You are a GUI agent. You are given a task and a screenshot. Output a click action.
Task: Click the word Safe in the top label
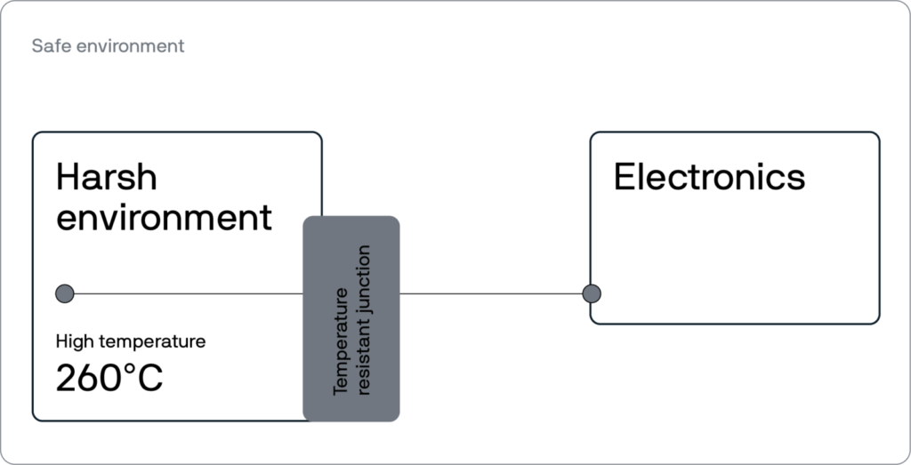[46, 45]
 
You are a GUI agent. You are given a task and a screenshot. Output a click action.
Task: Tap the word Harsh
[107, 176]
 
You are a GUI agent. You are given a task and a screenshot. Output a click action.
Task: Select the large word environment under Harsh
[164, 217]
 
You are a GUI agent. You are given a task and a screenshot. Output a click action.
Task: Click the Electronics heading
[709, 176]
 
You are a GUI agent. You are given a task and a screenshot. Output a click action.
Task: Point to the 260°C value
[109, 378]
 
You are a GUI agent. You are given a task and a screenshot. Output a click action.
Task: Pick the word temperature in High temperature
[151, 342]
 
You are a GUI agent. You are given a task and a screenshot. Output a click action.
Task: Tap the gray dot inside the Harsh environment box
[64, 293]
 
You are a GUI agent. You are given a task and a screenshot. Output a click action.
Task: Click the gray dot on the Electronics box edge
[592, 293]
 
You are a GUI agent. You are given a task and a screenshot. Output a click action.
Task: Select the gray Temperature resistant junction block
[351, 318]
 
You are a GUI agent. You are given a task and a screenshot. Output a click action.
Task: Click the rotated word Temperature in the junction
[341, 341]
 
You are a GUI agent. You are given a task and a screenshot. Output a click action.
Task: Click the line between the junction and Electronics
[491, 293]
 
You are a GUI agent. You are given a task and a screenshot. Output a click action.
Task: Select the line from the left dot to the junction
[189, 293]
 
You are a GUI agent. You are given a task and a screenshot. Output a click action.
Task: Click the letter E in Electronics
[625, 176]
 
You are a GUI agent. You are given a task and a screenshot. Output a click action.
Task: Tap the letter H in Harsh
[68, 176]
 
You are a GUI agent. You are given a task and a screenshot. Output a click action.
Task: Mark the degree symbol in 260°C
[130, 370]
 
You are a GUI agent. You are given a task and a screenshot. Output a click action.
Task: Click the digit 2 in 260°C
[66, 378]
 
